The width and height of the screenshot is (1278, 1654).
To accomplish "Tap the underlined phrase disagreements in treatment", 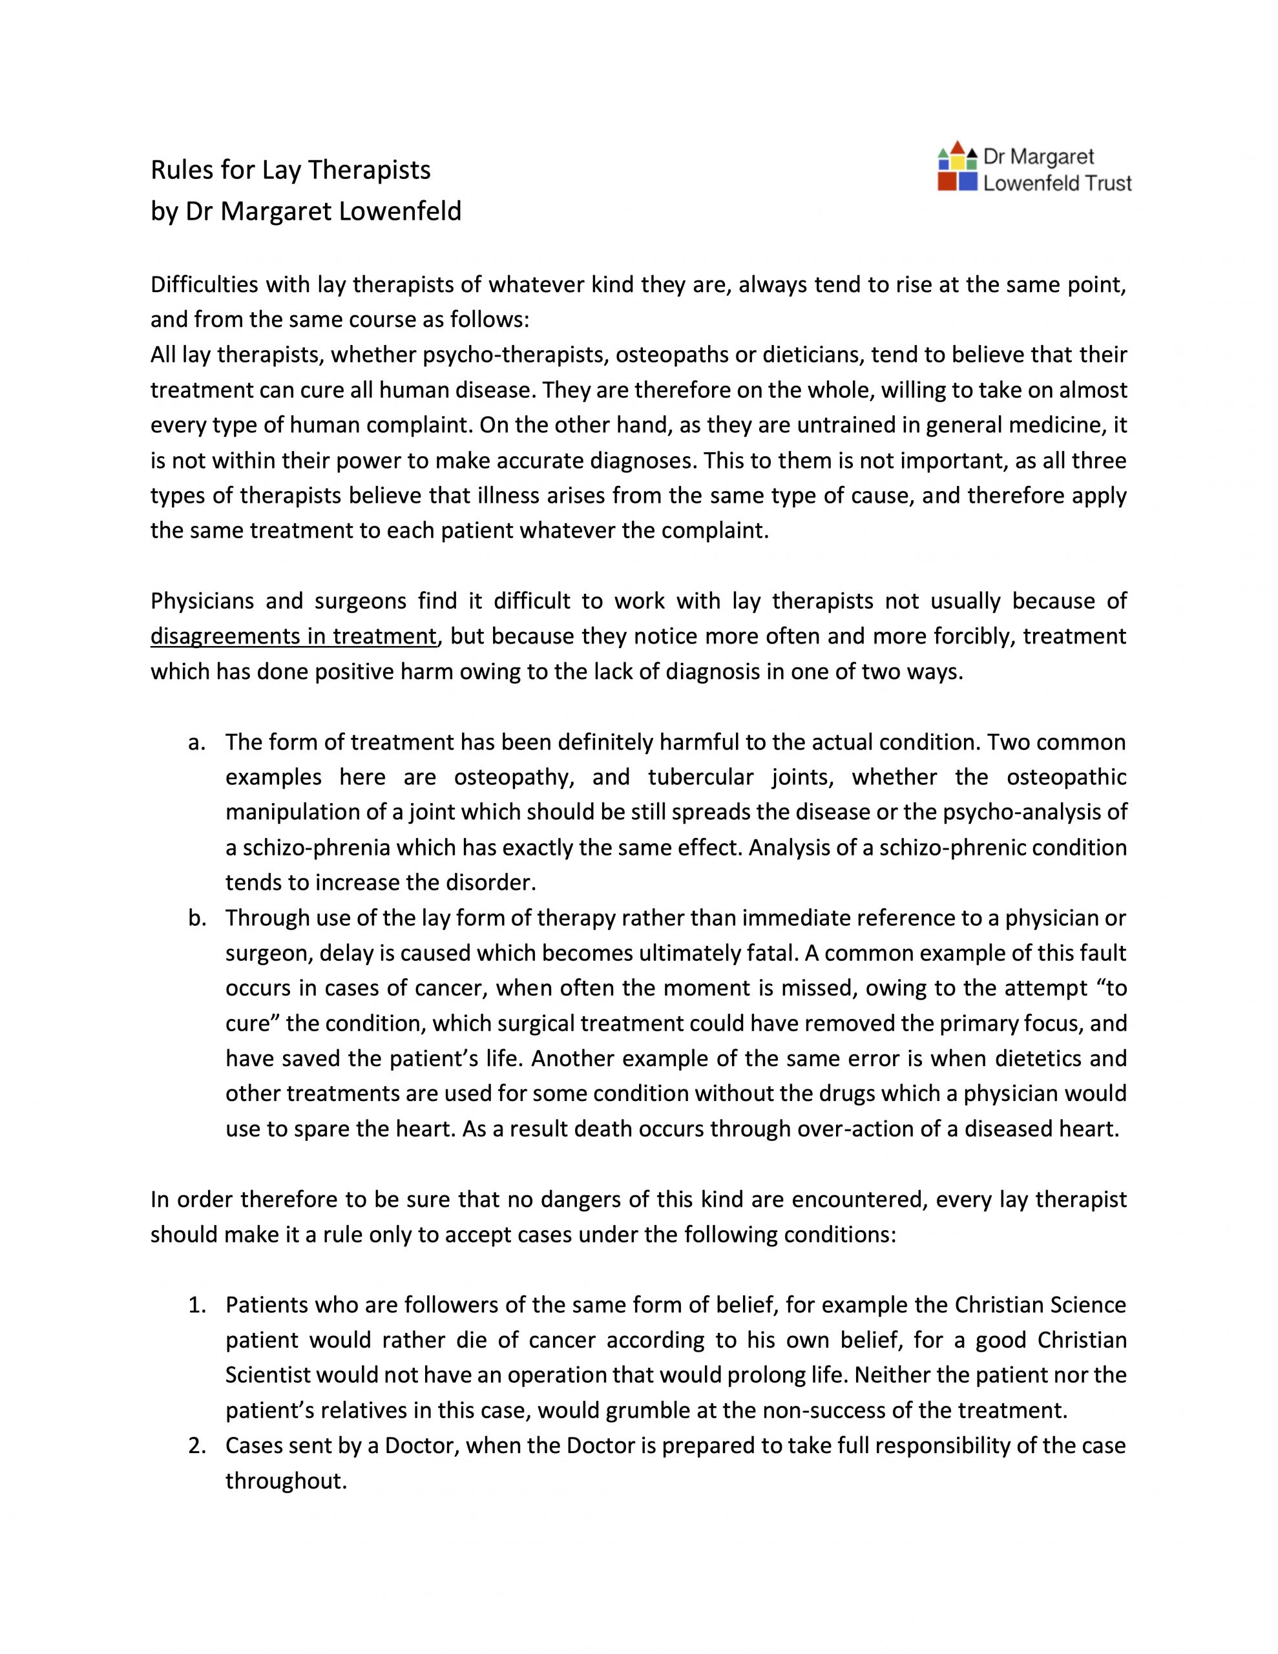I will (294, 636).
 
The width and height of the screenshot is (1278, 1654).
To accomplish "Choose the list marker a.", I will (196, 742).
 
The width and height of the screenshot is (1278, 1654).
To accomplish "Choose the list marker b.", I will (196, 919).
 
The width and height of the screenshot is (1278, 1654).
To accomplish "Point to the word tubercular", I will (701, 777).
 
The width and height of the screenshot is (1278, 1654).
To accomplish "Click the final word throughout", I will (286, 1481).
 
